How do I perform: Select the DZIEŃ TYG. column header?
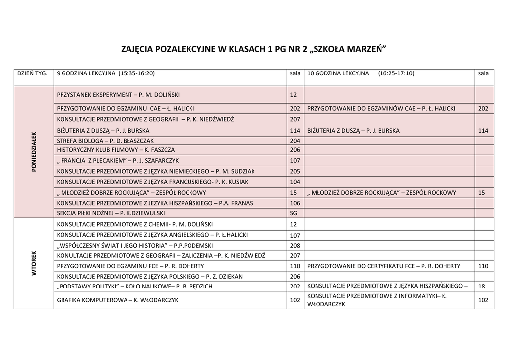33,73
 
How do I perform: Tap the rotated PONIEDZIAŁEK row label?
34,151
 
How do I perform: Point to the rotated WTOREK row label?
34,263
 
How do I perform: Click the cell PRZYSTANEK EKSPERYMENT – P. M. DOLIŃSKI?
118,94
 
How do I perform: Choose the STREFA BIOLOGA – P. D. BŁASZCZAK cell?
106,141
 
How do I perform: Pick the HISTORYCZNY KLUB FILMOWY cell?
116,150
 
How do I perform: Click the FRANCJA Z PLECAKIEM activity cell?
118,161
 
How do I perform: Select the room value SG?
293,213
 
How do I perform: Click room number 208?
295,246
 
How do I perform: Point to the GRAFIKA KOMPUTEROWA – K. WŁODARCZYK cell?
118,300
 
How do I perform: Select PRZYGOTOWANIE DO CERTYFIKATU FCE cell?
383,266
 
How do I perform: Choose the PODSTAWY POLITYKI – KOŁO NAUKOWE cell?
135,286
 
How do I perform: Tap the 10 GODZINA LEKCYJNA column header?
361,73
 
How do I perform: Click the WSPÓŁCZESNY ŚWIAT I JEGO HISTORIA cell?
135,246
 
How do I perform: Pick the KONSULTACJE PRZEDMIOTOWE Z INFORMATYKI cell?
377,300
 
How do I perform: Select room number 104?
295,182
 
